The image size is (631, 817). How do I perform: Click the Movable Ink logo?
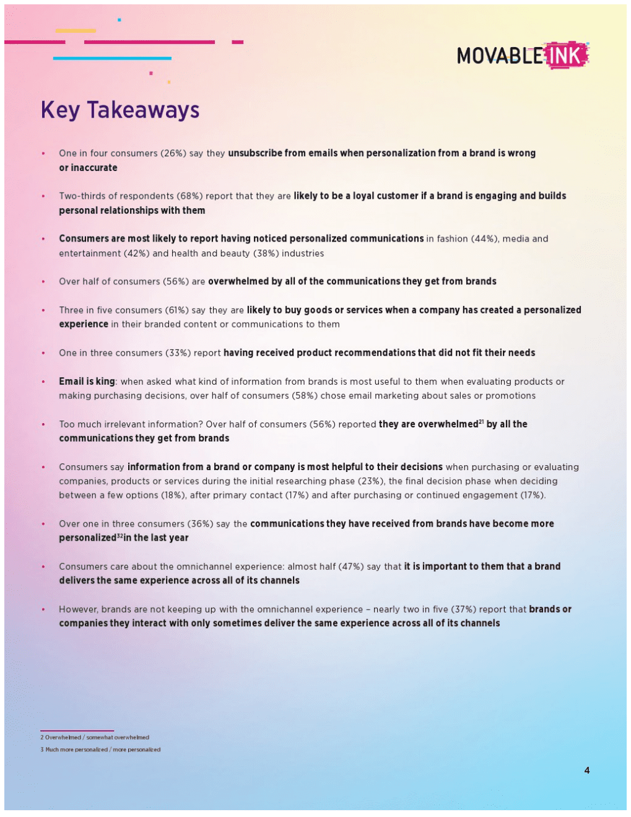coord(523,56)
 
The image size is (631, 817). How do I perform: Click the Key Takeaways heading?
coord(120,110)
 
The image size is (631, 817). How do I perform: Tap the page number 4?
coord(586,771)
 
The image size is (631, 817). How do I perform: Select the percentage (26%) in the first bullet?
coord(173,154)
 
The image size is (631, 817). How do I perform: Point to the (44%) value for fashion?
coord(484,239)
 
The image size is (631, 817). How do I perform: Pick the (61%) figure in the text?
coord(176,310)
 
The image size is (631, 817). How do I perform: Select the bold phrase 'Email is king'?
coord(87,382)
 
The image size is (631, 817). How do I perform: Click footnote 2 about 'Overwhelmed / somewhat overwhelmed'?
coord(95,738)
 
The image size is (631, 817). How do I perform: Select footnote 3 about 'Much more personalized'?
coord(100,749)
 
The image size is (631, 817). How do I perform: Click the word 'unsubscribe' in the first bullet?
coord(255,154)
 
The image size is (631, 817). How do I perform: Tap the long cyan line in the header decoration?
coord(112,58)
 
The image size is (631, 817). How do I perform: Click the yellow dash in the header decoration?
coord(76,30)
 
